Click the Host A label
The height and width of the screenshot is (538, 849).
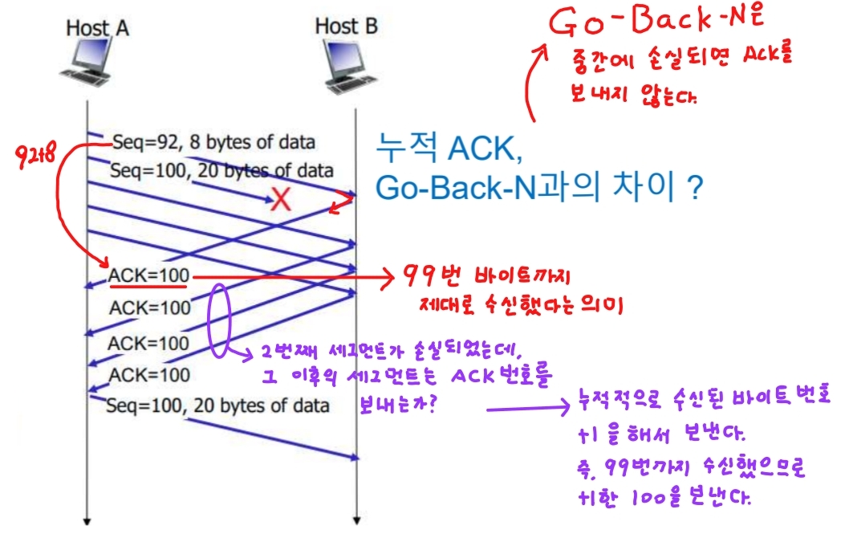[x=97, y=27]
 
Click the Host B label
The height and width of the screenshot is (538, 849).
[x=346, y=26]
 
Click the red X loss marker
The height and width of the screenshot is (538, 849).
[x=280, y=200]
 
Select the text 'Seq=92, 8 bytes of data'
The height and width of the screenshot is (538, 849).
[x=213, y=142]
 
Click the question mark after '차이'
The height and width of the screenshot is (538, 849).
[x=695, y=190]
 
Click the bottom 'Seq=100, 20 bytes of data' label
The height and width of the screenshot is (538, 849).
[x=217, y=405]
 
